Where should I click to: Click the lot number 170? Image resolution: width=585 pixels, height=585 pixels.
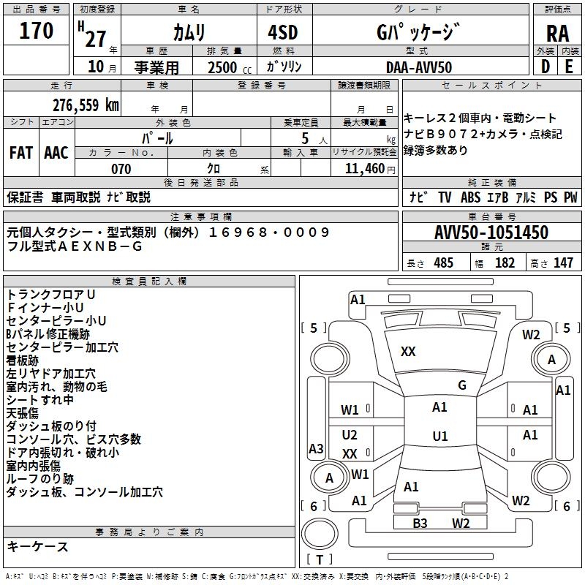pyautogui.click(x=37, y=31)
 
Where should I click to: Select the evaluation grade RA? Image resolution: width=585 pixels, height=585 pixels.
pyautogui.click(x=557, y=33)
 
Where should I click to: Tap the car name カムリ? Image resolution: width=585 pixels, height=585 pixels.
pyautogui.click(x=189, y=33)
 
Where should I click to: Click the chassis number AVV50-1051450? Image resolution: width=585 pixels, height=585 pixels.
pyautogui.click(x=491, y=233)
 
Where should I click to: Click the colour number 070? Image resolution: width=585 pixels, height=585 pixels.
pyautogui.click(x=121, y=169)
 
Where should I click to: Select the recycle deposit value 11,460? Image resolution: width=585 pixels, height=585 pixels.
pyautogui.click(x=364, y=169)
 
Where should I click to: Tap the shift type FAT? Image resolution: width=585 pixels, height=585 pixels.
pyautogui.click(x=20, y=152)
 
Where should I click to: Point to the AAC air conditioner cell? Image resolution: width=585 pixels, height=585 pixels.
pyautogui.click(x=56, y=152)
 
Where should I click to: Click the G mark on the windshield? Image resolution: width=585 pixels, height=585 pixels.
pyautogui.click(x=461, y=385)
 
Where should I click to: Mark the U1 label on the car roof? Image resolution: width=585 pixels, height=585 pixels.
pyautogui.click(x=439, y=437)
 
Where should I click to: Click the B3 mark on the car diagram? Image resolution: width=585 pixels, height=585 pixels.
pyautogui.click(x=420, y=523)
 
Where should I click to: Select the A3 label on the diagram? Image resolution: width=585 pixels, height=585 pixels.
pyautogui.click(x=316, y=448)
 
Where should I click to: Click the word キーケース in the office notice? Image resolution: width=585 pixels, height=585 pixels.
pyautogui.click(x=38, y=546)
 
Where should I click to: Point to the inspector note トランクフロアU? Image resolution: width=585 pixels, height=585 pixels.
pyautogui.click(x=51, y=295)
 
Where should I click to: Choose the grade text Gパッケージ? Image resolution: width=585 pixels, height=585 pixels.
pyautogui.click(x=418, y=32)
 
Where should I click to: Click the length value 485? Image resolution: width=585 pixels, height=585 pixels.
pyautogui.click(x=443, y=263)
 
